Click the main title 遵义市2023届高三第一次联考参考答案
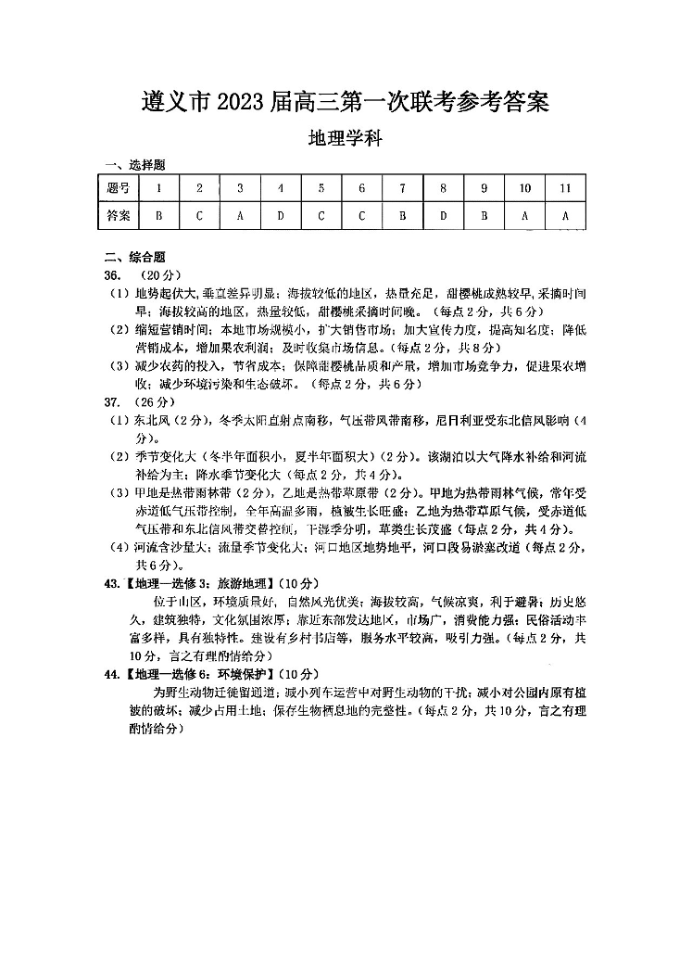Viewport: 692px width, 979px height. click(x=346, y=101)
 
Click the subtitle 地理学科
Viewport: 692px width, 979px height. click(x=346, y=139)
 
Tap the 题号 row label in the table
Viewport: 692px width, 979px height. click(x=119, y=188)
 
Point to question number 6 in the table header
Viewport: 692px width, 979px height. click(x=361, y=188)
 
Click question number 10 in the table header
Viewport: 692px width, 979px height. click(x=524, y=188)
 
